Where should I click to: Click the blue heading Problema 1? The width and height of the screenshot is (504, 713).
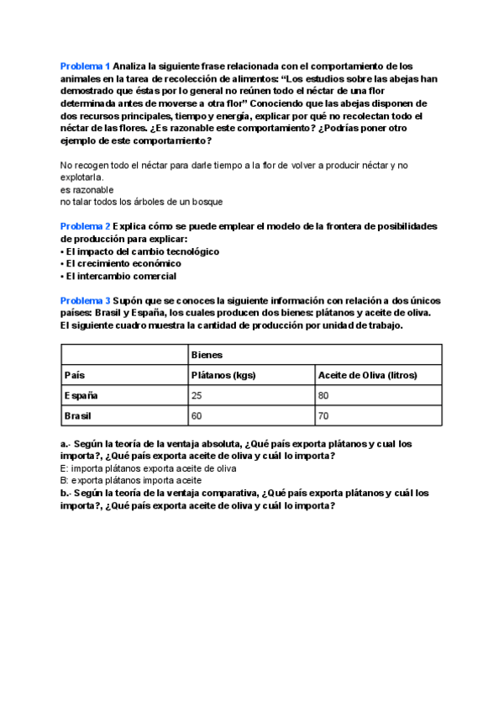pyautogui.click(x=85, y=66)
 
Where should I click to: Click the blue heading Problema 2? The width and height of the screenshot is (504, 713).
pyautogui.click(x=85, y=227)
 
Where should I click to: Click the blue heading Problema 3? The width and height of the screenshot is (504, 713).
pyautogui.click(x=85, y=300)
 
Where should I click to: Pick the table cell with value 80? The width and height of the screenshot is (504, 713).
pyautogui.click(x=323, y=395)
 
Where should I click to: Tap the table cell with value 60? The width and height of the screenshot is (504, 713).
pyautogui.click(x=198, y=416)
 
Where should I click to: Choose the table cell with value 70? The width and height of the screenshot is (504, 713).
pyautogui.click(x=323, y=416)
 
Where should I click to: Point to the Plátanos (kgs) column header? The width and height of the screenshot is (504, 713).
pyautogui.click(x=223, y=375)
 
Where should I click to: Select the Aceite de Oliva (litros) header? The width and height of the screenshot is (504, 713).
pyautogui.click(x=367, y=375)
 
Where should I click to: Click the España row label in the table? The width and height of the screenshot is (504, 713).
pyautogui.click(x=81, y=395)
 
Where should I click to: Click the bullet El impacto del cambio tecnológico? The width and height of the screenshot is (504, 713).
pyautogui.click(x=139, y=251)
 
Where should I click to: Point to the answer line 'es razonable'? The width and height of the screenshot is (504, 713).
pyautogui.click(x=87, y=190)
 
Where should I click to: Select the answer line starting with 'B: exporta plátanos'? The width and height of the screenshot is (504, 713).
pyautogui.click(x=131, y=481)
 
